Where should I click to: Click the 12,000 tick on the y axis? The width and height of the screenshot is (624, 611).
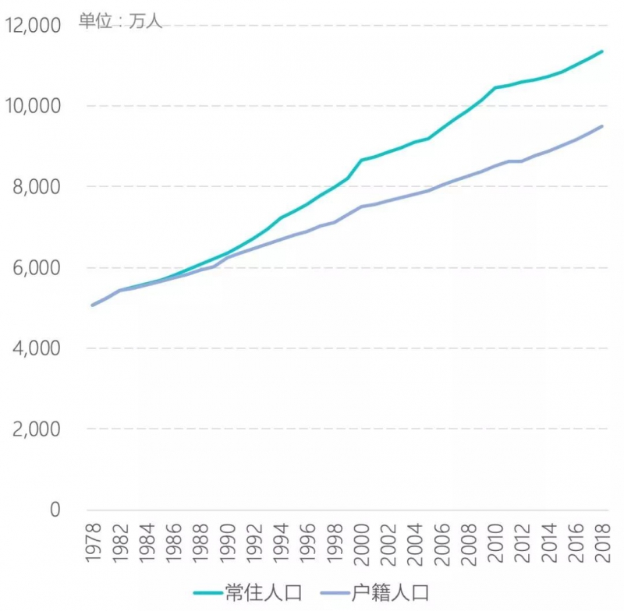[x=33, y=26]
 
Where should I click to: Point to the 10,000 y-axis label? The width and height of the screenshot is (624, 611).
[x=33, y=106]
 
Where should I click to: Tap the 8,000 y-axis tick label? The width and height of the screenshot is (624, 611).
[x=36, y=187]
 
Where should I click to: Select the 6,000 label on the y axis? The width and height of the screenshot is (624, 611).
[x=36, y=267]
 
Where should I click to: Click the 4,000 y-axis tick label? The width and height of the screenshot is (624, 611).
[x=36, y=348]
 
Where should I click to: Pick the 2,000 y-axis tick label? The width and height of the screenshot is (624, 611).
[x=36, y=429]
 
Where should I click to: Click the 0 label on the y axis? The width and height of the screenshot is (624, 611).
[x=55, y=510]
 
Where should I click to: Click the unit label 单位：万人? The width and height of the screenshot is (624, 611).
[x=120, y=21]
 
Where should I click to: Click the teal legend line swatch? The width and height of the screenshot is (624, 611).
[x=213, y=592]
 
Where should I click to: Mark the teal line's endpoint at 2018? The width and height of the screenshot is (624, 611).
[x=601, y=51]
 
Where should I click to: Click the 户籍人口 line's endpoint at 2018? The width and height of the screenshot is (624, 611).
[x=601, y=126]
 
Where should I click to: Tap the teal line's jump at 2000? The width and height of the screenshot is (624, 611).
[x=361, y=161]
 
